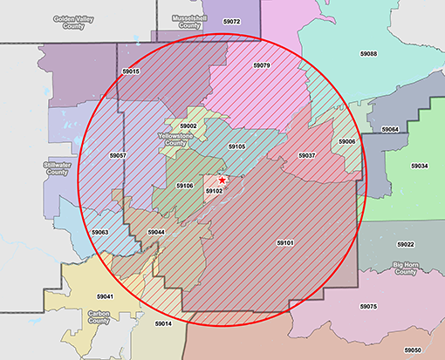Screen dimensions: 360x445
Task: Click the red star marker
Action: click(222, 180)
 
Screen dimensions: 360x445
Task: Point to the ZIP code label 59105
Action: click(236, 146)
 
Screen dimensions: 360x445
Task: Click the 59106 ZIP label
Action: click(184, 186)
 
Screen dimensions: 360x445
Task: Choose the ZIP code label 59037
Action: click(306, 155)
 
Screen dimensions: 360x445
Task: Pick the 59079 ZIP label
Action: click(261, 65)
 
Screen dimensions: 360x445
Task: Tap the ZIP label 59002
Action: click(188, 126)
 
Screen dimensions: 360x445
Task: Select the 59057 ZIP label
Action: click(118, 154)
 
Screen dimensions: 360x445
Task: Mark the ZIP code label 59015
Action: click(131, 71)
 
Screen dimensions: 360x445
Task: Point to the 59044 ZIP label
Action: click(155, 233)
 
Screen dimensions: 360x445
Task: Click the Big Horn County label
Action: click(405, 268)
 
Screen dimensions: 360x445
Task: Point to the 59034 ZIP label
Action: click(420, 166)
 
